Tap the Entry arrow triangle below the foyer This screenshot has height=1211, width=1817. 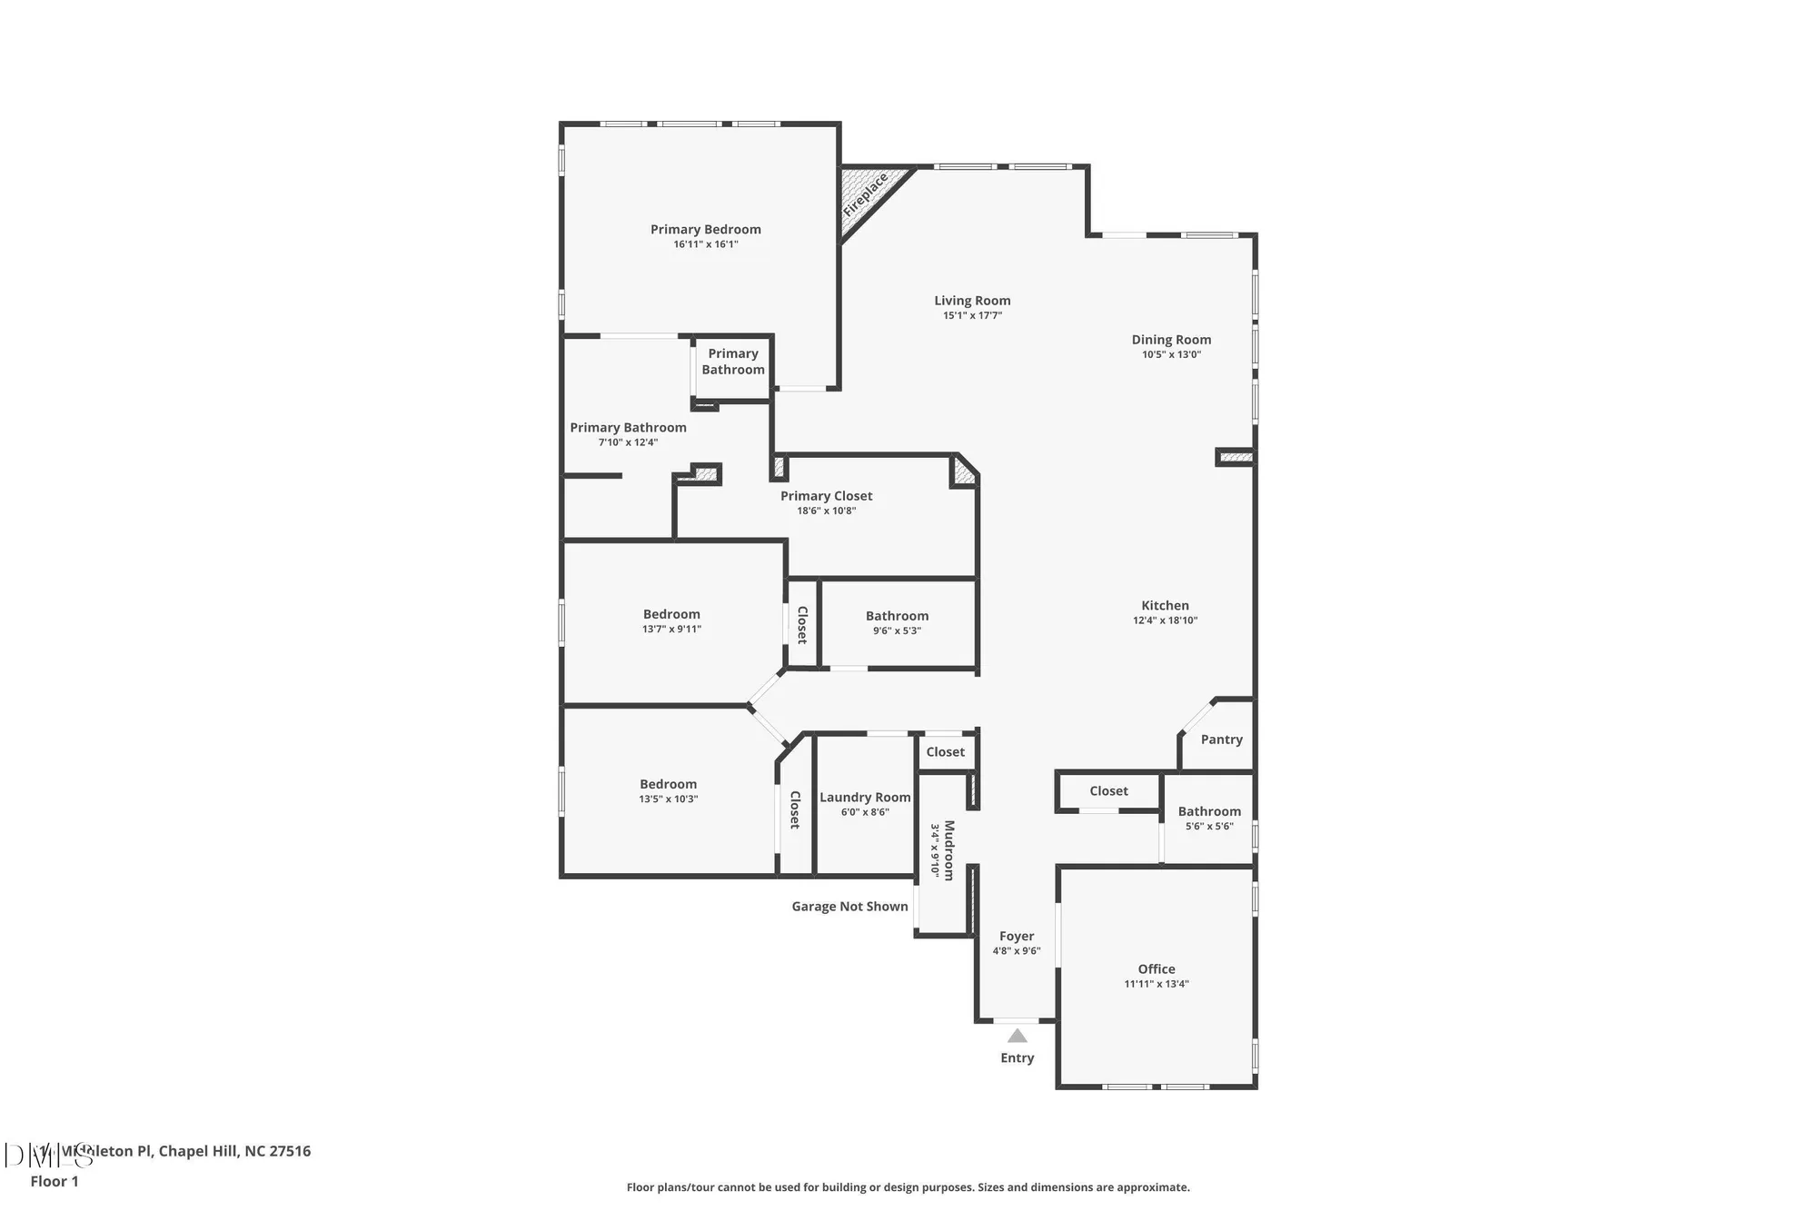pyautogui.click(x=1018, y=1037)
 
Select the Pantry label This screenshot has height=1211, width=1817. pyautogui.click(x=1221, y=740)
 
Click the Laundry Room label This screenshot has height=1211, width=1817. pyautogui.click(x=865, y=798)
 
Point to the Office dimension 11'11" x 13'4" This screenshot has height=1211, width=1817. pyautogui.click(x=1156, y=984)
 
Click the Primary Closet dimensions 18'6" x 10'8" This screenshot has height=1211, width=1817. pyautogui.click(x=826, y=511)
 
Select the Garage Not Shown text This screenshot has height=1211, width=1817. pyautogui.click(x=849, y=907)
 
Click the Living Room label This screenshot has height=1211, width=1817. pyautogui.click(x=972, y=301)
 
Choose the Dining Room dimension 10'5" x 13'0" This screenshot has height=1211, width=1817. pyautogui.click(x=1171, y=355)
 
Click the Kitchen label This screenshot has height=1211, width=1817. pyautogui.click(x=1165, y=606)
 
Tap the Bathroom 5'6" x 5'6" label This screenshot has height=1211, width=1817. pyautogui.click(x=1208, y=812)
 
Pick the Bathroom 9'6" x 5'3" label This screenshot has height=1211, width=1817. pyautogui.click(x=897, y=616)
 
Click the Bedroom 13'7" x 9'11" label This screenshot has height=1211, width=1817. pyautogui.click(x=671, y=614)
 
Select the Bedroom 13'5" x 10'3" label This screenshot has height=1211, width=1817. pyautogui.click(x=668, y=784)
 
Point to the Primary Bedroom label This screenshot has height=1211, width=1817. pyautogui.click(x=705, y=230)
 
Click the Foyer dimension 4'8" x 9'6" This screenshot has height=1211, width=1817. pyautogui.click(x=1016, y=951)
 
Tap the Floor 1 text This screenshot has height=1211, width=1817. pyautogui.click(x=55, y=1181)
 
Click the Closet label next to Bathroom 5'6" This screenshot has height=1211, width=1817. pyautogui.click(x=1108, y=791)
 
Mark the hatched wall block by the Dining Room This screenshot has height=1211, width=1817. pyautogui.click(x=1236, y=457)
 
